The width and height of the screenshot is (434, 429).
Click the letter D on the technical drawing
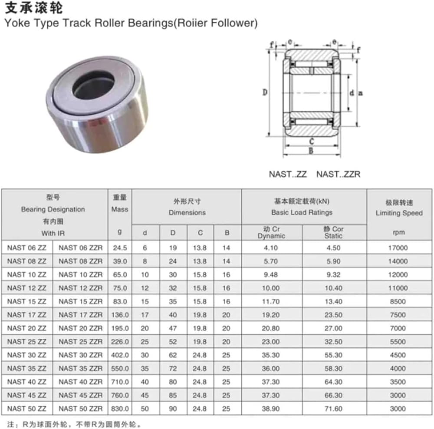coord(265,92)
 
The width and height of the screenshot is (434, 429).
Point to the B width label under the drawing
coord(311,151)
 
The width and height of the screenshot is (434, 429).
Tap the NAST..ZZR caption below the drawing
coord(338,174)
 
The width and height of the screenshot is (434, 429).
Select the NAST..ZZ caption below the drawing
coord(288,174)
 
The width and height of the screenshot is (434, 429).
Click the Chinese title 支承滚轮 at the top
coord(34,8)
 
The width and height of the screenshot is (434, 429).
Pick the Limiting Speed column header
coord(399,213)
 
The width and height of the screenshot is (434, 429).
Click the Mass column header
coord(120,209)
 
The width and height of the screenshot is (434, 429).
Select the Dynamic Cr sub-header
coord(271,232)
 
